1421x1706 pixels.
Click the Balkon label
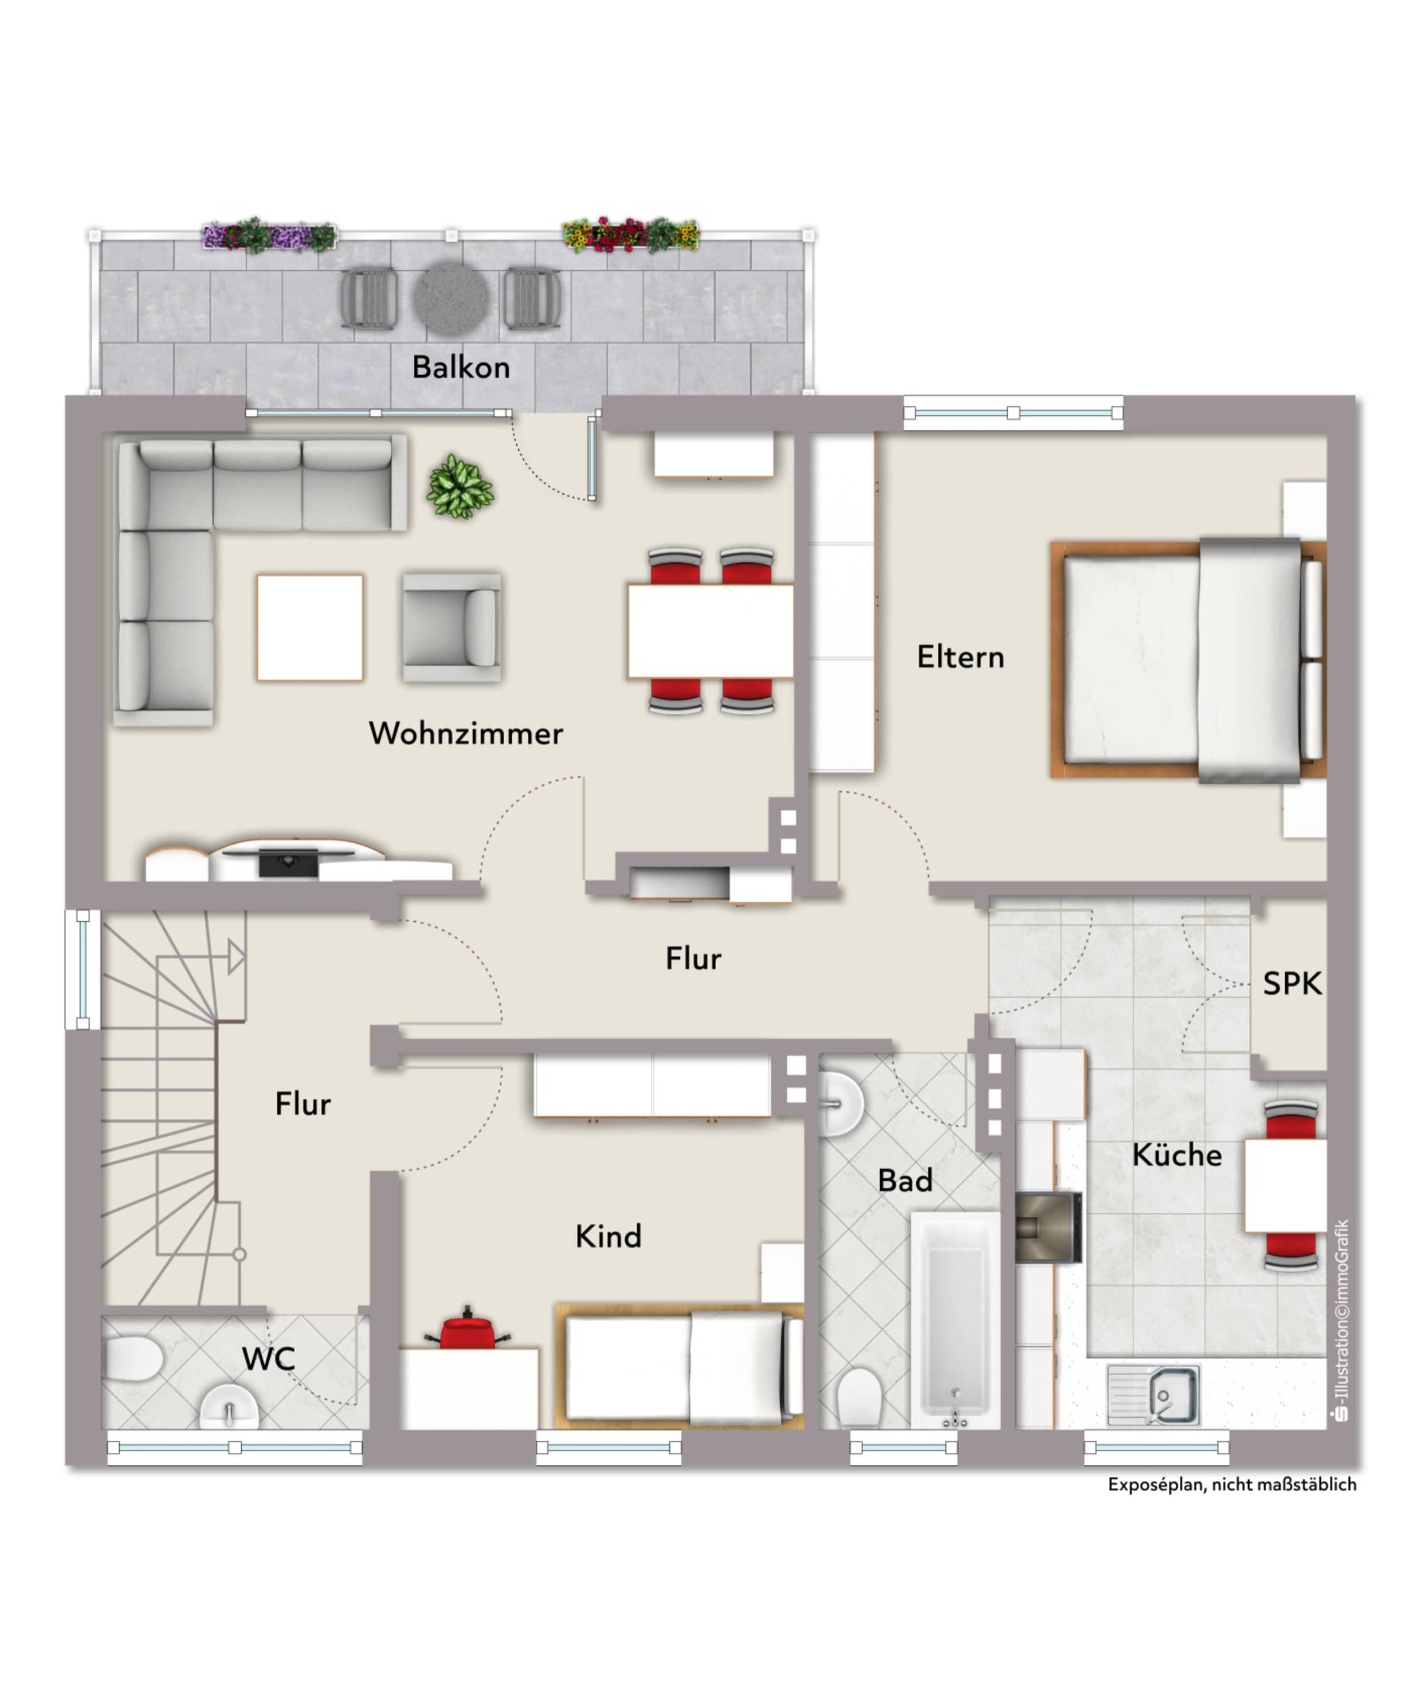tap(461, 367)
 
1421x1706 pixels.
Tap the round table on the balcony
tap(451, 297)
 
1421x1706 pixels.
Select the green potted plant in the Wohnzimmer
tap(460, 486)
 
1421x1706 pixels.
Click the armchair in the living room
tap(452, 627)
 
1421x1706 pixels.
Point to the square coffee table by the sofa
tap(309, 627)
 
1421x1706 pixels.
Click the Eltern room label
tap(960, 657)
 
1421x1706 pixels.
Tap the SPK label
tap(1292, 984)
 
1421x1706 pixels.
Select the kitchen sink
tap(1153, 1396)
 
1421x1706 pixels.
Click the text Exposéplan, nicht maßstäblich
tap(1232, 1484)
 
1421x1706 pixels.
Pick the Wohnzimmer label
tap(465, 734)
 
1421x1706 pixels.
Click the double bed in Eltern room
tap(1188, 659)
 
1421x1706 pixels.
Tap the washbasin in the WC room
tap(230, 1406)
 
